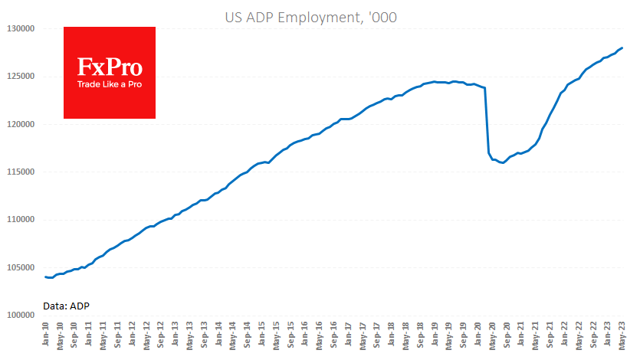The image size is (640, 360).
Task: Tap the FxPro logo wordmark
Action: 110,67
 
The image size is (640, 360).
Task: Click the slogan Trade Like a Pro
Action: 110,83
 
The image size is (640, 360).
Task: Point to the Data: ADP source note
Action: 67,305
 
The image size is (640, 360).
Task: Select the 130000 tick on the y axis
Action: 22,29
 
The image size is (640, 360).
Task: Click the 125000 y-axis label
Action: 22,77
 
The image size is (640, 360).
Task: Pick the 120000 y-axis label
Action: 22,124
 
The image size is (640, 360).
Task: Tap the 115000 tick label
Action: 22,172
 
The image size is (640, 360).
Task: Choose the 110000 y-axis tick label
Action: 22,220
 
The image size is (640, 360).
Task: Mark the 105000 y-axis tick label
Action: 22,267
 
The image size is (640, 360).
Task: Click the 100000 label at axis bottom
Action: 22,315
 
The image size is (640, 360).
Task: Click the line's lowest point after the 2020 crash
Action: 503,162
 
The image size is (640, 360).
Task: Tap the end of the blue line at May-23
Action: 622,48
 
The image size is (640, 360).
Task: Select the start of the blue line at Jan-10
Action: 46,277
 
